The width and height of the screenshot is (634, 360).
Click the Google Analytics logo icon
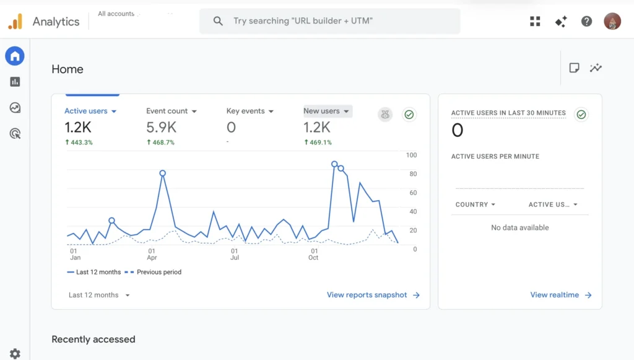click(x=15, y=21)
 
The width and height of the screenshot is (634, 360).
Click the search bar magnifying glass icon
click(x=218, y=21)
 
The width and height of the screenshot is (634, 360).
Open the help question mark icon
click(x=586, y=21)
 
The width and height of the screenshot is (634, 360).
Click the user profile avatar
click(x=612, y=21)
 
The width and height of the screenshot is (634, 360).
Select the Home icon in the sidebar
click(x=15, y=56)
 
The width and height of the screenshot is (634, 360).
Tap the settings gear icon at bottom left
click(x=15, y=353)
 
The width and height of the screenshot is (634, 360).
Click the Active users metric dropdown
click(x=90, y=112)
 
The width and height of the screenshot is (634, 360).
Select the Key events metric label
click(x=246, y=111)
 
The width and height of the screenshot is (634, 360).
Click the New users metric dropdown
click(x=327, y=111)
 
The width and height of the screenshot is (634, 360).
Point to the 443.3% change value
click(x=79, y=143)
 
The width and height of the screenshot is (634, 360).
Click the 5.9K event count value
click(x=161, y=128)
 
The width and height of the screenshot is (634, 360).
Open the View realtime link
click(x=560, y=295)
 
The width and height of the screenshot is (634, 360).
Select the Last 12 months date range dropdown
click(x=99, y=295)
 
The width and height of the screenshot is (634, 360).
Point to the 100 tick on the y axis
click(x=411, y=155)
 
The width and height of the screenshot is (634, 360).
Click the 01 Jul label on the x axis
click(x=235, y=254)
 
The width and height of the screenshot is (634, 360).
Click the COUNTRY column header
click(x=475, y=204)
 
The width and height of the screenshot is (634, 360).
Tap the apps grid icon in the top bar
click(x=535, y=21)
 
